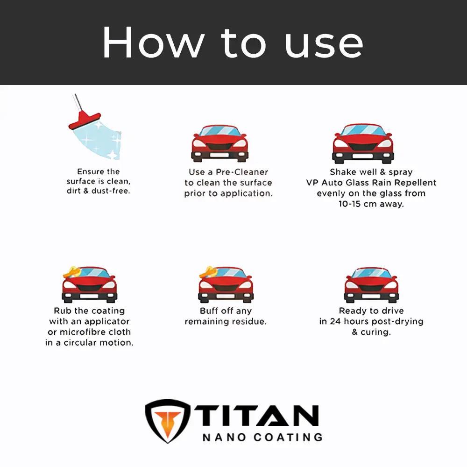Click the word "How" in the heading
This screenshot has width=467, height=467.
pyautogui.click(x=154, y=42)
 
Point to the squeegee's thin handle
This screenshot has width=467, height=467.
pyautogui.click(x=78, y=102)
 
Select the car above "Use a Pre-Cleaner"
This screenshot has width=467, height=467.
pyautogui.click(x=220, y=143)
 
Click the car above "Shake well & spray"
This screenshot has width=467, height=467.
pyautogui.click(x=363, y=143)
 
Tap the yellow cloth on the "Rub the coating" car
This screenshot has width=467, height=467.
pyautogui.click(x=72, y=272)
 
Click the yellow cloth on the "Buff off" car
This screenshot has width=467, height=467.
pyautogui.click(x=208, y=272)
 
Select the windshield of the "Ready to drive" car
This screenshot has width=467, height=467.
pyautogui.click(x=371, y=273)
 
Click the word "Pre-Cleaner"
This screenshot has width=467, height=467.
pyautogui.click(x=242, y=172)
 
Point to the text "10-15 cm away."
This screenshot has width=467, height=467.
pyautogui.click(x=371, y=204)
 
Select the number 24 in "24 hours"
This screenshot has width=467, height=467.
pyautogui.click(x=335, y=321)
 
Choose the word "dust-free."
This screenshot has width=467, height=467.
pyautogui.click(x=111, y=191)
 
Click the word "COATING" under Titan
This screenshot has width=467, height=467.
pyautogui.click(x=288, y=437)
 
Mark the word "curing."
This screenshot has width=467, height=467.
pyautogui.click(x=375, y=332)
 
